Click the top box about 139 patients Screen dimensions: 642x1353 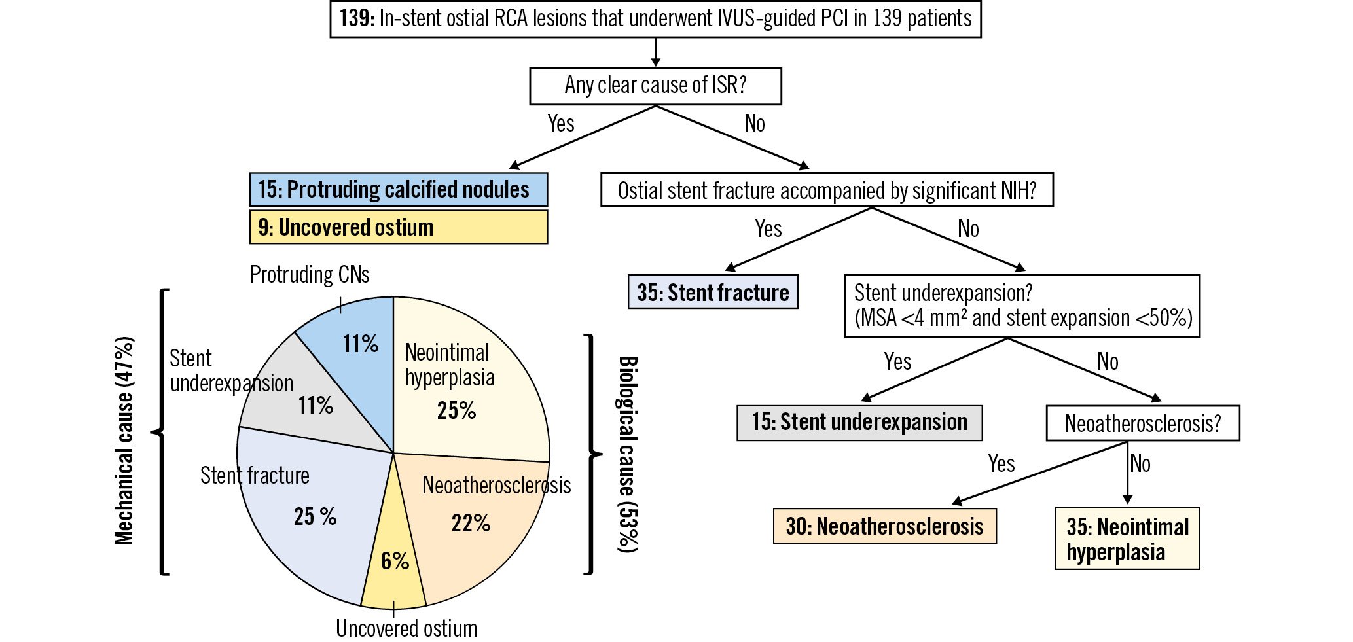point(655,19)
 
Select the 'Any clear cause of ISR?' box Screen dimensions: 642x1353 point(655,86)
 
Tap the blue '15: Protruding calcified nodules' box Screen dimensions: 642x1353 point(399,190)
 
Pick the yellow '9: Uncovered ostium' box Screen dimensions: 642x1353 point(399,227)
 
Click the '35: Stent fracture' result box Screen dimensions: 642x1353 point(713,292)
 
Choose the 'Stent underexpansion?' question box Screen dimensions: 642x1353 point(1022,306)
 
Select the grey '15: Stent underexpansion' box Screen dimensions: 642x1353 point(859,423)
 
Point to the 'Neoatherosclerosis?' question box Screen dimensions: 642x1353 point(1142,423)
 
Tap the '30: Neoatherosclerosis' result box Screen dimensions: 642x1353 point(884,526)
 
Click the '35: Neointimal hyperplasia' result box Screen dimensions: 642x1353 point(1127,539)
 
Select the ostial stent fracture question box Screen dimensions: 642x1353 point(827,190)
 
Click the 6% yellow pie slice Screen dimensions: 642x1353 point(394,563)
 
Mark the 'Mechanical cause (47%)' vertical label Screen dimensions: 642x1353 point(124,440)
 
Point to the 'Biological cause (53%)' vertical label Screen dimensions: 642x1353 point(628,454)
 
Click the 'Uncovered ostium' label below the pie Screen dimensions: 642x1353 point(406,628)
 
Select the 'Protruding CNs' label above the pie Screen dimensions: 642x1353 point(310,275)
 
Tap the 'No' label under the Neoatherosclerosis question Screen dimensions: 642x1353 point(1140,464)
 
